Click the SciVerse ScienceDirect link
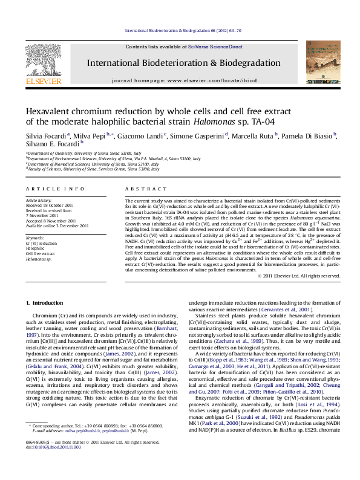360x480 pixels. pos(215,47)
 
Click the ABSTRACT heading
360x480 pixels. pos(140,189)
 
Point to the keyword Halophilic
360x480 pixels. pos(34,248)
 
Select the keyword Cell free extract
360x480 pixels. pos(39,253)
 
